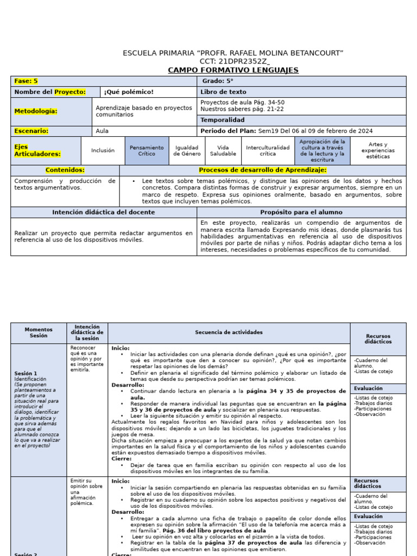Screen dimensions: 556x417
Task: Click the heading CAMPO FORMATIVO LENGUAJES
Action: [233, 70]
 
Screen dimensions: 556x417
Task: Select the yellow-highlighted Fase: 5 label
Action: [26, 81]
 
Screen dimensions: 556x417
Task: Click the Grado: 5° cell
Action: [218, 81]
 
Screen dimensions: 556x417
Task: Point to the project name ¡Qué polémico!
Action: [129, 92]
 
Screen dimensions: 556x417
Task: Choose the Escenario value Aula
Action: [102, 131]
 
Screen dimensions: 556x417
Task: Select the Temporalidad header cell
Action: [223, 120]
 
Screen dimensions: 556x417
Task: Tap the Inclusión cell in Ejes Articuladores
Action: [103, 150]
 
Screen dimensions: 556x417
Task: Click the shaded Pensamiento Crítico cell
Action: [147, 150]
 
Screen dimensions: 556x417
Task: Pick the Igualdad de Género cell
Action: [186, 150]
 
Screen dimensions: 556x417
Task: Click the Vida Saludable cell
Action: [223, 150]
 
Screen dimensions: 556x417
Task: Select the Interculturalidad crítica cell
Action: [268, 150]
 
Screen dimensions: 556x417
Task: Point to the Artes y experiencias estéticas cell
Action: [378, 150]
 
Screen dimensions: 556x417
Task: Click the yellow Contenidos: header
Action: [65, 170]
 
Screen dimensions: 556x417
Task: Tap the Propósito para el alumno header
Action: [301, 212]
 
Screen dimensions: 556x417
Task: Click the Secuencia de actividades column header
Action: [229, 332]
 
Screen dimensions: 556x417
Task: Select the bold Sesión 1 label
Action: [26, 374]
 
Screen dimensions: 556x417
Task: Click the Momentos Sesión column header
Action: [39, 332]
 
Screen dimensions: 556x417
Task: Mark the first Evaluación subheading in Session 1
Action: [369, 389]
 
